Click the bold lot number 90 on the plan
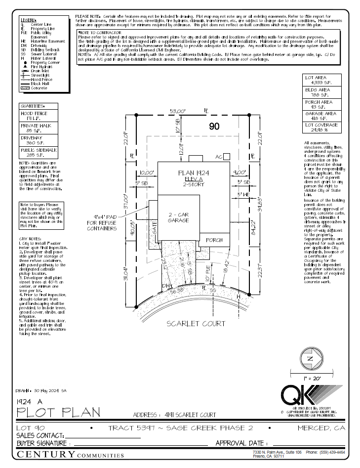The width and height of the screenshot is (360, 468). (214, 127)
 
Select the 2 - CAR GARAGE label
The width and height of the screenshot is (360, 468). (179, 218)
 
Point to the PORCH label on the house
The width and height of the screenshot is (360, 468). (214, 240)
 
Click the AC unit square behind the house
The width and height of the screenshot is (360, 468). (228, 156)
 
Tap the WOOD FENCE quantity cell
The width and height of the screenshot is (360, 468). (39, 116)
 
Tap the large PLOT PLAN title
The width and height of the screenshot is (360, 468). (58, 412)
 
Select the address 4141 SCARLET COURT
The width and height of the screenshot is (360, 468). (175, 415)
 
